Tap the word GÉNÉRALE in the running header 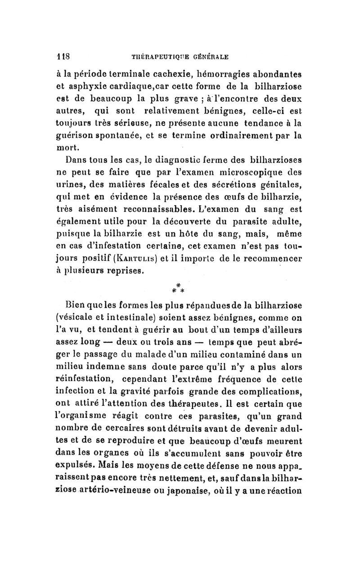[207, 57]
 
